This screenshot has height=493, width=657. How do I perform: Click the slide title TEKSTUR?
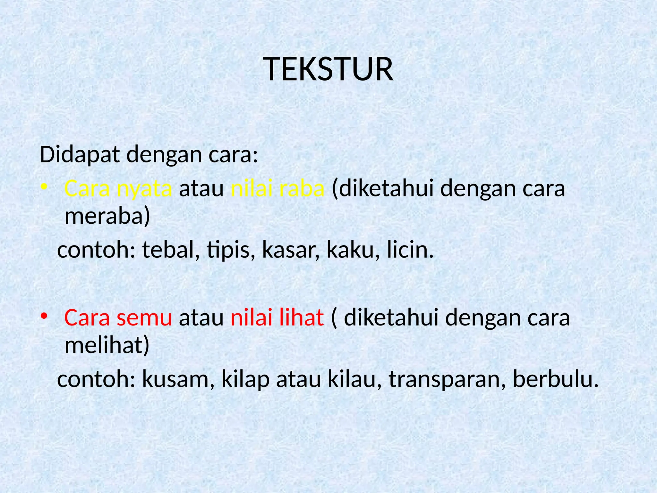[x=328, y=69]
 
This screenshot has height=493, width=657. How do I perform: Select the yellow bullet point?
[x=44, y=187]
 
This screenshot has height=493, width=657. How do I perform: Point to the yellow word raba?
[x=302, y=189]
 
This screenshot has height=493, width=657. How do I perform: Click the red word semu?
[x=144, y=318]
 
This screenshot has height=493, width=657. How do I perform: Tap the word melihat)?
[x=107, y=345]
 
